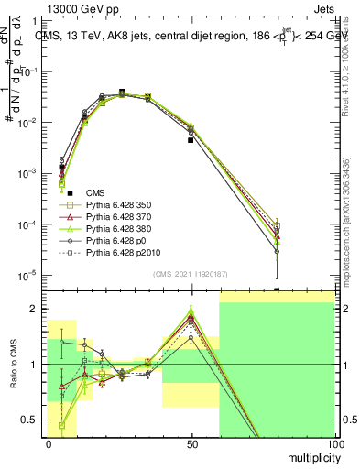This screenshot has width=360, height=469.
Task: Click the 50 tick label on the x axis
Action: coord(191,444)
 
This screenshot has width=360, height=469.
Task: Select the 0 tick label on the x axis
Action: coord(49,444)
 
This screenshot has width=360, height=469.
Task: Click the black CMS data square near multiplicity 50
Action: coord(191,140)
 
